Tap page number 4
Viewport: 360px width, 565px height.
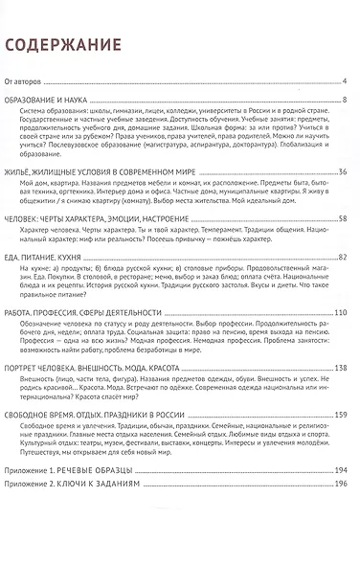(343, 79)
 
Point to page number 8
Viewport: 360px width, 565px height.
(343, 99)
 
